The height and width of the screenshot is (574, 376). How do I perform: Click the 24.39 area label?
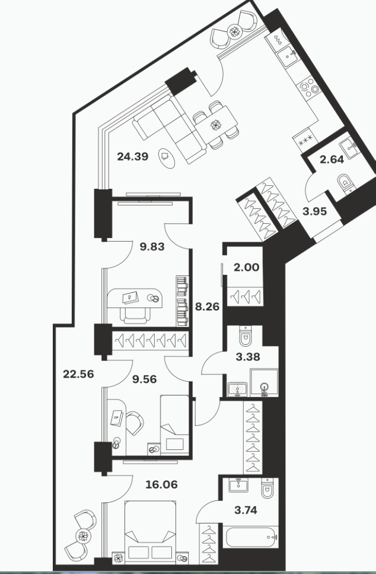pos(132,157)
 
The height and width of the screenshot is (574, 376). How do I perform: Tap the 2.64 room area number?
pos(332,160)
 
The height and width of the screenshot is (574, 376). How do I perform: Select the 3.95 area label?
pos(314,211)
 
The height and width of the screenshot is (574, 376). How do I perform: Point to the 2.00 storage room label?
pos(247,267)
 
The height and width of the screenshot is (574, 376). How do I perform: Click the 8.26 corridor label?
pos(208,306)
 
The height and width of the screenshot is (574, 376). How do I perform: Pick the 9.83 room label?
pos(152,247)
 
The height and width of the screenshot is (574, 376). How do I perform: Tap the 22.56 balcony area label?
pos(78,374)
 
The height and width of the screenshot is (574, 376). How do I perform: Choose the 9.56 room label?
pos(145,379)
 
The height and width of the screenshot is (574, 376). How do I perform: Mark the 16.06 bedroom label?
pos(161,485)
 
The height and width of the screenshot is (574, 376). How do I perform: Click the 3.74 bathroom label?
pos(246,510)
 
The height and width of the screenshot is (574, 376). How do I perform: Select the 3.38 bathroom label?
pos(248,357)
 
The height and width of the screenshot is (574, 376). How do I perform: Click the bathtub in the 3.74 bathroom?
pos(251,537)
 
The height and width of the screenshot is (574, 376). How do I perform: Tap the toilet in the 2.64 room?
pos(345,183)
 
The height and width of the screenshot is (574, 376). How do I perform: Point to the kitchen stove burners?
pos(308,88)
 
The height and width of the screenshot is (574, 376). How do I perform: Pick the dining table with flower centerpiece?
pos(216,126)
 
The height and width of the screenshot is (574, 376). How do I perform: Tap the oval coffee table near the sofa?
pos(167,158)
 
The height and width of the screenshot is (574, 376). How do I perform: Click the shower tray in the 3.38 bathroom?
pos(264,382)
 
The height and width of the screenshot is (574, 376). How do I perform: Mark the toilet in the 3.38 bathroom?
pos(245,336)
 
